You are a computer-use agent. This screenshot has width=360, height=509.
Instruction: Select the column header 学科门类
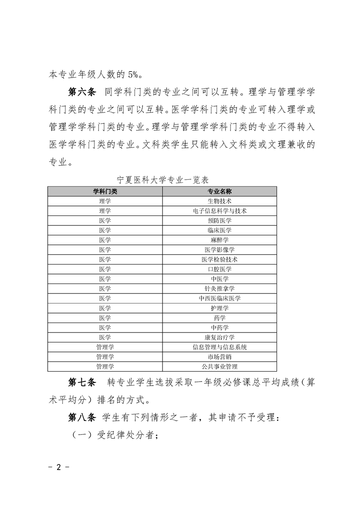coord(105,191)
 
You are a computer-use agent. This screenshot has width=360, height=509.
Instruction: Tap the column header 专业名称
coord(219,191)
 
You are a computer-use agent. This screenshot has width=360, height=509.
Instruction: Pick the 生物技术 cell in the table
coord(219,201)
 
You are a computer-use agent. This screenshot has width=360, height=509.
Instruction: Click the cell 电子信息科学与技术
coord(219,210)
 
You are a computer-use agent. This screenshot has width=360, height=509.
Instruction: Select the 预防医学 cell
coord(219,220)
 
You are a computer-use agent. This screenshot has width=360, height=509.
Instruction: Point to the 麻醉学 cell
coord(219,240)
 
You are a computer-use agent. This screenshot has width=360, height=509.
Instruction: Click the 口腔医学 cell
coord(219,269)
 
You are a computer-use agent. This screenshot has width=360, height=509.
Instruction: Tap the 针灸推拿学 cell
coord(219,289)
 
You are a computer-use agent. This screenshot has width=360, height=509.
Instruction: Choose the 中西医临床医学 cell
coord(219,298)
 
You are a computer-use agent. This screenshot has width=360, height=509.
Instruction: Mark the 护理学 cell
coord(219,308)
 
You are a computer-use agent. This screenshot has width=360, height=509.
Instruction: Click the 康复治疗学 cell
coord(219,337)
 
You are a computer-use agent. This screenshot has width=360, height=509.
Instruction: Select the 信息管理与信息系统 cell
coord(219,347)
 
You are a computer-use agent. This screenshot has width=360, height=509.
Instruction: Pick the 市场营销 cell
coord(219,357)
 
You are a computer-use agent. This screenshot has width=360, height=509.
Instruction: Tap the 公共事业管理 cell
coord(219,367)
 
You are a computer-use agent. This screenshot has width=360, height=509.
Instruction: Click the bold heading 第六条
coord(81,93)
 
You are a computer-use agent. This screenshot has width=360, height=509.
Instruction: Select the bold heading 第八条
coord(81,417)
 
